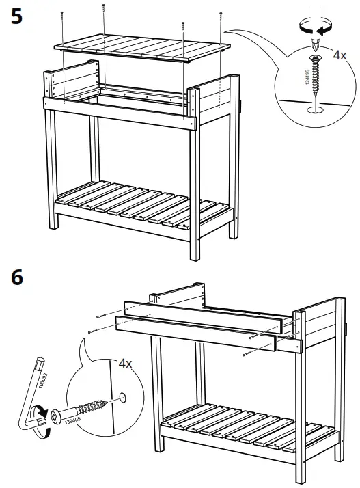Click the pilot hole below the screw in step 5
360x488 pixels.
click(314, 107)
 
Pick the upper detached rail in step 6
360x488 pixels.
click(205, 314)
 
